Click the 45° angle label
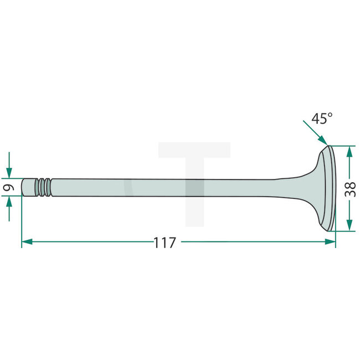(322, 118)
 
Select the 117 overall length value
(164, 243)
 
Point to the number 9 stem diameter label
(8, 188)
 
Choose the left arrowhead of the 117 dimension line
(27, 242)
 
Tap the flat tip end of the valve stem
(23, 187)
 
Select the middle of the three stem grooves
(43, 187)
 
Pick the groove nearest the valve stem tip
(38, 187)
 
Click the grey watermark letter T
(194, 183)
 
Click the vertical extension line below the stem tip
(22, 222)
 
